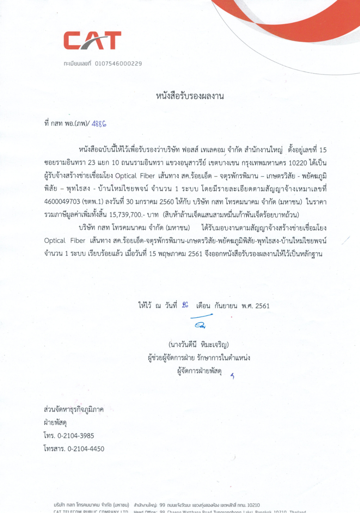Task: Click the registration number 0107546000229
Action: (x=118, y=64)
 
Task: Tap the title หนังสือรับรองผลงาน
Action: (x=190, y=96)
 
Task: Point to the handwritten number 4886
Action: (x=99, y=124)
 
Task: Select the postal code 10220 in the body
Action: (x=298, y=163)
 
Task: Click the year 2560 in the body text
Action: (x=166, y=202)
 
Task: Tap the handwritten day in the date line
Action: (x=185, y=305)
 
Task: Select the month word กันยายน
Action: (x=226, y=306)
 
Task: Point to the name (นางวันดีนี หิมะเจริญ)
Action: (x=198, y=345)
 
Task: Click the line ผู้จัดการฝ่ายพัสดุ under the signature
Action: (x=199, y=371)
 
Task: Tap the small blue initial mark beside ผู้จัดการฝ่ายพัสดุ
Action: (x=233, y=376)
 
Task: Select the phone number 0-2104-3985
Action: (x=76, y=436)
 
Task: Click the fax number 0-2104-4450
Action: (x=86, y=449)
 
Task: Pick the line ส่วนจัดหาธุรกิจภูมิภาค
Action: (x=73, y=410)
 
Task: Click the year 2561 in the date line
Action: (x=262, y=306)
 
